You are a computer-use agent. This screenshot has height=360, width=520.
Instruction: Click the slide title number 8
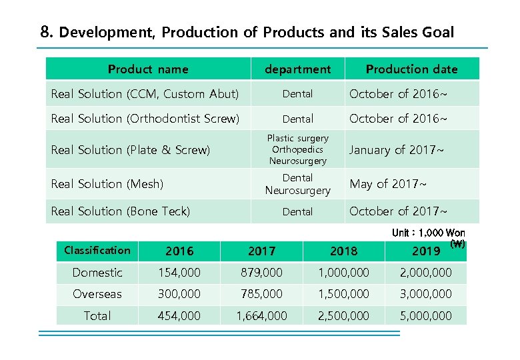(45, 32)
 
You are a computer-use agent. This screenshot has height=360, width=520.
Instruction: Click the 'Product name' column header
(148, 69)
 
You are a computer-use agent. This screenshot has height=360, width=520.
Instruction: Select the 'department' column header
(297, 69)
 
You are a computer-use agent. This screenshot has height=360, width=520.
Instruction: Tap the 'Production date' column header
(411, 69)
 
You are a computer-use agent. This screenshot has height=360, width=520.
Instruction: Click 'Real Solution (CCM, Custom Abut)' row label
(145, 94)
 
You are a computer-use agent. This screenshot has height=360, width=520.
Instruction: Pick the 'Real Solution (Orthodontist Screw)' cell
(145, 119)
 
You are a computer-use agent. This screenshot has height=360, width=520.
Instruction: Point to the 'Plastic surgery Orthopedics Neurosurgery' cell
(297, 149)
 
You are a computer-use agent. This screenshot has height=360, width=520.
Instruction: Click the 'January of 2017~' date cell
(397, 150)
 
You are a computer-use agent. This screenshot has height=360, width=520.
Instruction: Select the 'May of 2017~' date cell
(388, 183)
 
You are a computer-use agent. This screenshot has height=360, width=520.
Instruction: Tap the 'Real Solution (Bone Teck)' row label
(121, 211)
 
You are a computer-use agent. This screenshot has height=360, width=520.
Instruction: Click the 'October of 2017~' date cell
(399, 211)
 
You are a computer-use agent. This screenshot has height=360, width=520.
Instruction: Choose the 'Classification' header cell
(97, 251)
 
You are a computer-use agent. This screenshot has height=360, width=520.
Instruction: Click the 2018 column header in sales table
(343, 251)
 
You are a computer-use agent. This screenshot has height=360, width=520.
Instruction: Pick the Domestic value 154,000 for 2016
(179, 273)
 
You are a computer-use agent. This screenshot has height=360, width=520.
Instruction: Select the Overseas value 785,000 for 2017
(261, 294)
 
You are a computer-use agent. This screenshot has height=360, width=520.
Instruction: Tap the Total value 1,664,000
(261, 316)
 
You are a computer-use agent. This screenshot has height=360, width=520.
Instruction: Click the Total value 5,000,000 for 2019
(426, 316)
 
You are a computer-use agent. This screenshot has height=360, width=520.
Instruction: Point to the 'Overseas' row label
(97, 294)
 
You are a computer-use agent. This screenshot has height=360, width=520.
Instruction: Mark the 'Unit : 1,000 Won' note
(428, 233)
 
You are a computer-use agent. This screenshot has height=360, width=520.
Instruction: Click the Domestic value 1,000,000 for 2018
(343, 273)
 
